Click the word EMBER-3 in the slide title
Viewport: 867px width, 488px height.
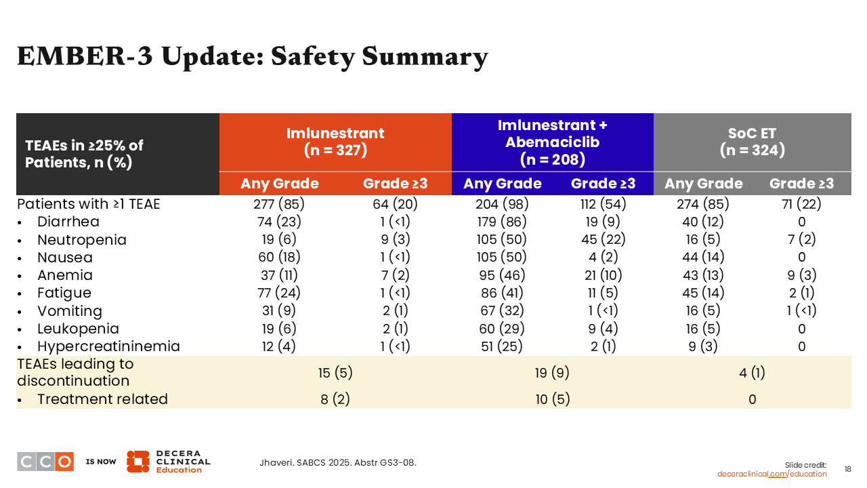click(85, 56)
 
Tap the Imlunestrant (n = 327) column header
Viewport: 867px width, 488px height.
click(335, 142)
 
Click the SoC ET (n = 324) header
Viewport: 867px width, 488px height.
click(752, 142)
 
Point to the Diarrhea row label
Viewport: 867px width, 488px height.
click(68, 222)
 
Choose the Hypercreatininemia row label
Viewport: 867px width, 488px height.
click(108, 346)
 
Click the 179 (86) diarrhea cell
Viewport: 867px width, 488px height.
click(502, 222)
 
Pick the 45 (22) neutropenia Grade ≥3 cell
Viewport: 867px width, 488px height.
click(603, 239)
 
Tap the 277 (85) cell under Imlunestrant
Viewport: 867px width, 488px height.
click(278, 204)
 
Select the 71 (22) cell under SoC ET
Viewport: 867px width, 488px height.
click(801, 204)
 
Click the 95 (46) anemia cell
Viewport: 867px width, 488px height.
click(502, 275)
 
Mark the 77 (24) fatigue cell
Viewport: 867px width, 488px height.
click(278, 293)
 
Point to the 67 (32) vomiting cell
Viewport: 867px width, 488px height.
click(502, 310)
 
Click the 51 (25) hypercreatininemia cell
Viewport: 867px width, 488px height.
click(502, 346)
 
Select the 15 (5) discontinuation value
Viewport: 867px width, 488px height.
click(335, 373)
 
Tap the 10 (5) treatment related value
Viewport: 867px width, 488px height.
click(552, 399)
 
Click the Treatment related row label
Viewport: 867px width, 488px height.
click(102, 399)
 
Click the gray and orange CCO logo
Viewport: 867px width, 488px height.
click(45, 462)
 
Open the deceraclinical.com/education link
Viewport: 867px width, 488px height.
click(771, 474)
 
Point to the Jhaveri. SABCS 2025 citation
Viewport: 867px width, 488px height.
click(338, 462)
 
